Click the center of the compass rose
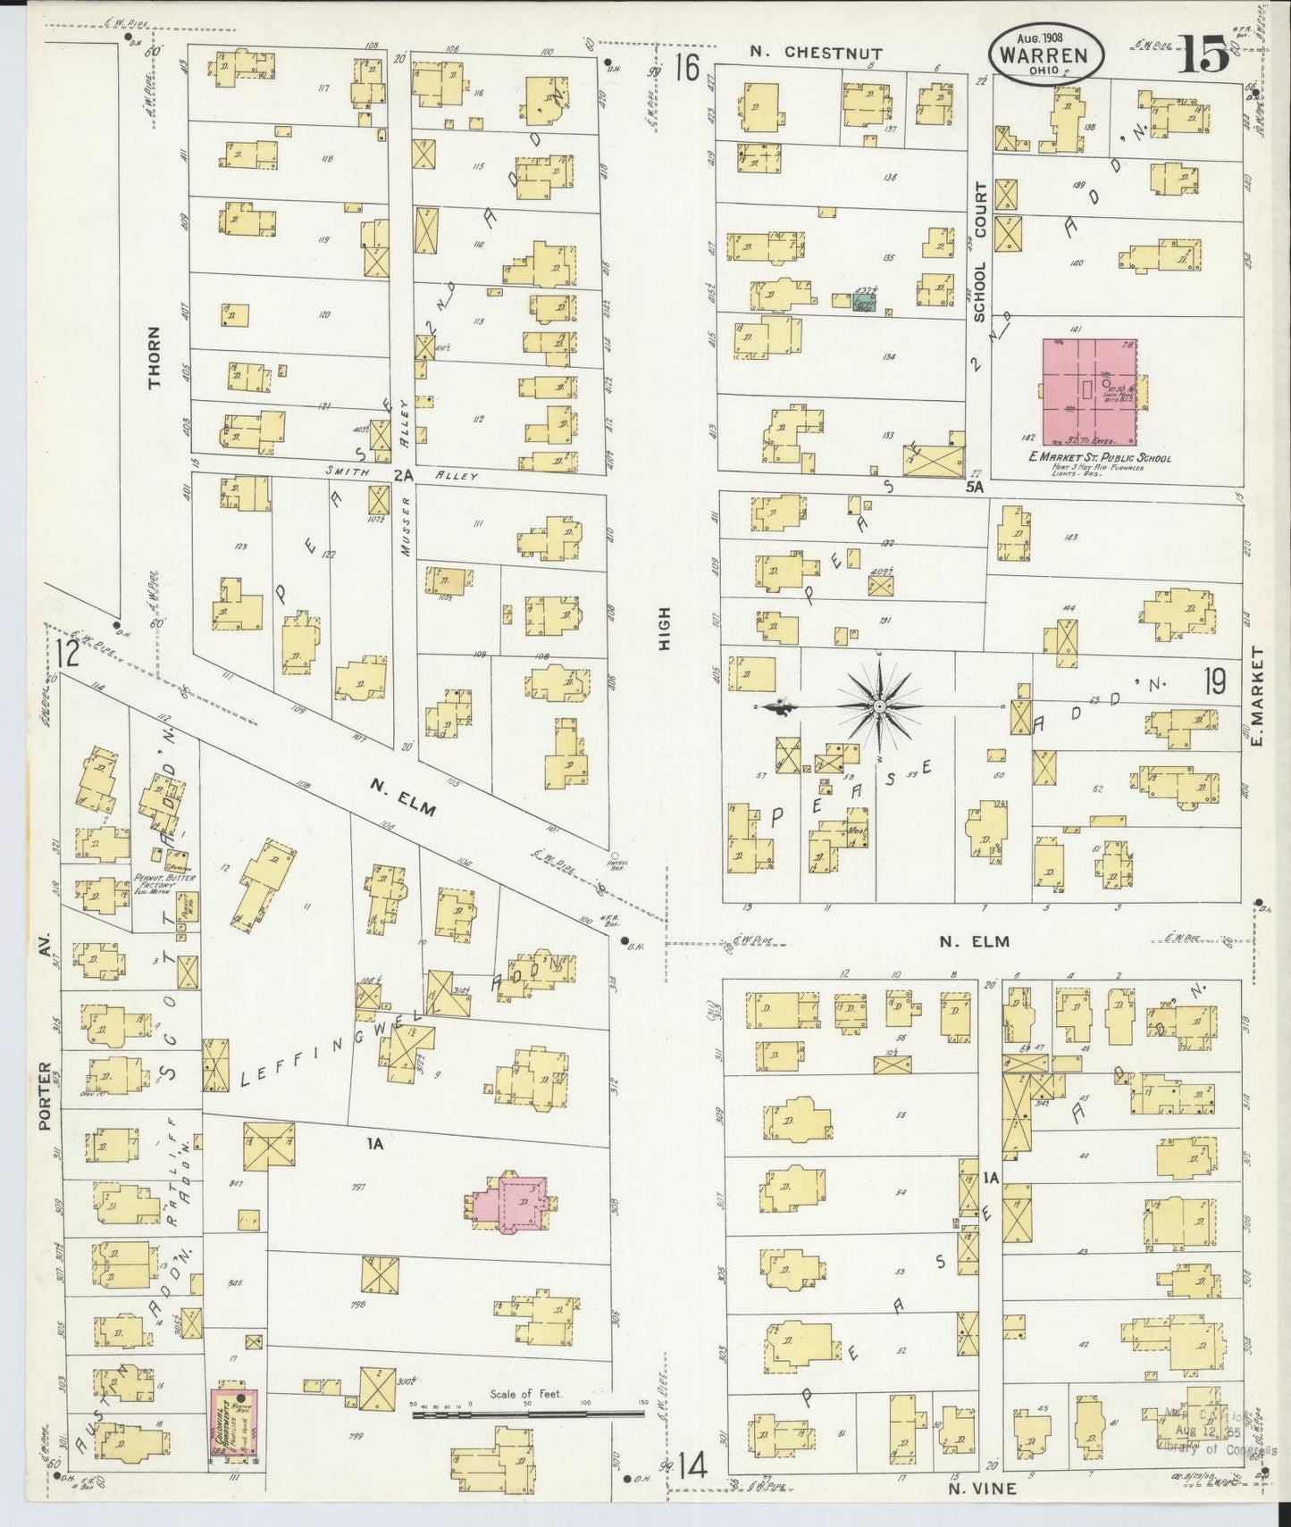[880, 706]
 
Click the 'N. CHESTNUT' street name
[816, 54]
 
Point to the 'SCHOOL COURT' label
[980, 253]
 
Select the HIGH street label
[664, 629]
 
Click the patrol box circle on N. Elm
[612, 854]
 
